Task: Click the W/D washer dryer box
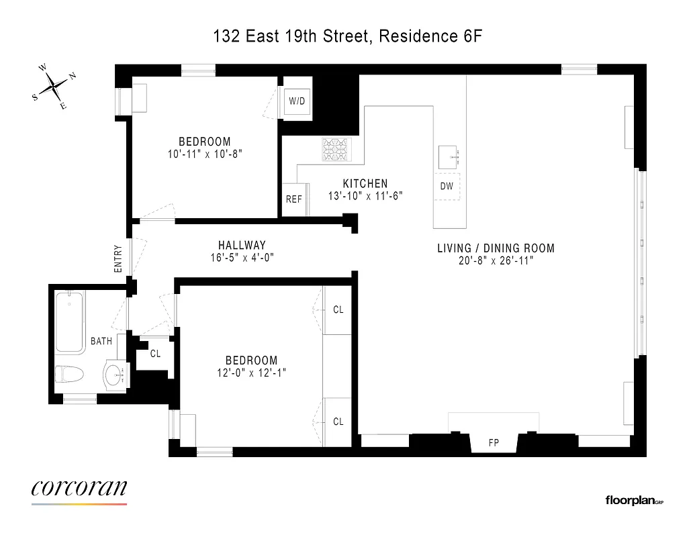pyautogui.click(x=297, y=102)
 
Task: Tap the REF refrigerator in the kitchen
pyautogui.click(x=294, y=199)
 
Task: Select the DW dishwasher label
pyautogui.click(x=447, y=187)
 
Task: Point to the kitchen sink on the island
pyautogui.click(x=448, y=157)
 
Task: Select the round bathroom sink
pyautogui.click(x=114, y=375)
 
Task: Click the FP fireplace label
pyautogui.click(x=493, y=443)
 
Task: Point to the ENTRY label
pyautogui.click(x=118, y=258)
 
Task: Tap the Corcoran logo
pyautogui.click(x=79, y=489)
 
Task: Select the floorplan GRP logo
pyautogui.click(x=635, y=500)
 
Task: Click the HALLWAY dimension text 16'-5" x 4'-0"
pyautogui.click(x=242, y=257)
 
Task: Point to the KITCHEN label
pyautogui.click(x=365, y=184)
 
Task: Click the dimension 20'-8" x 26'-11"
pyautogui.click(x=496, y=260)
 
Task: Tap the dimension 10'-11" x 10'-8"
pyautogui.click(x=205, y=154)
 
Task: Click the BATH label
pyautogui.click(x=101, y=341)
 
